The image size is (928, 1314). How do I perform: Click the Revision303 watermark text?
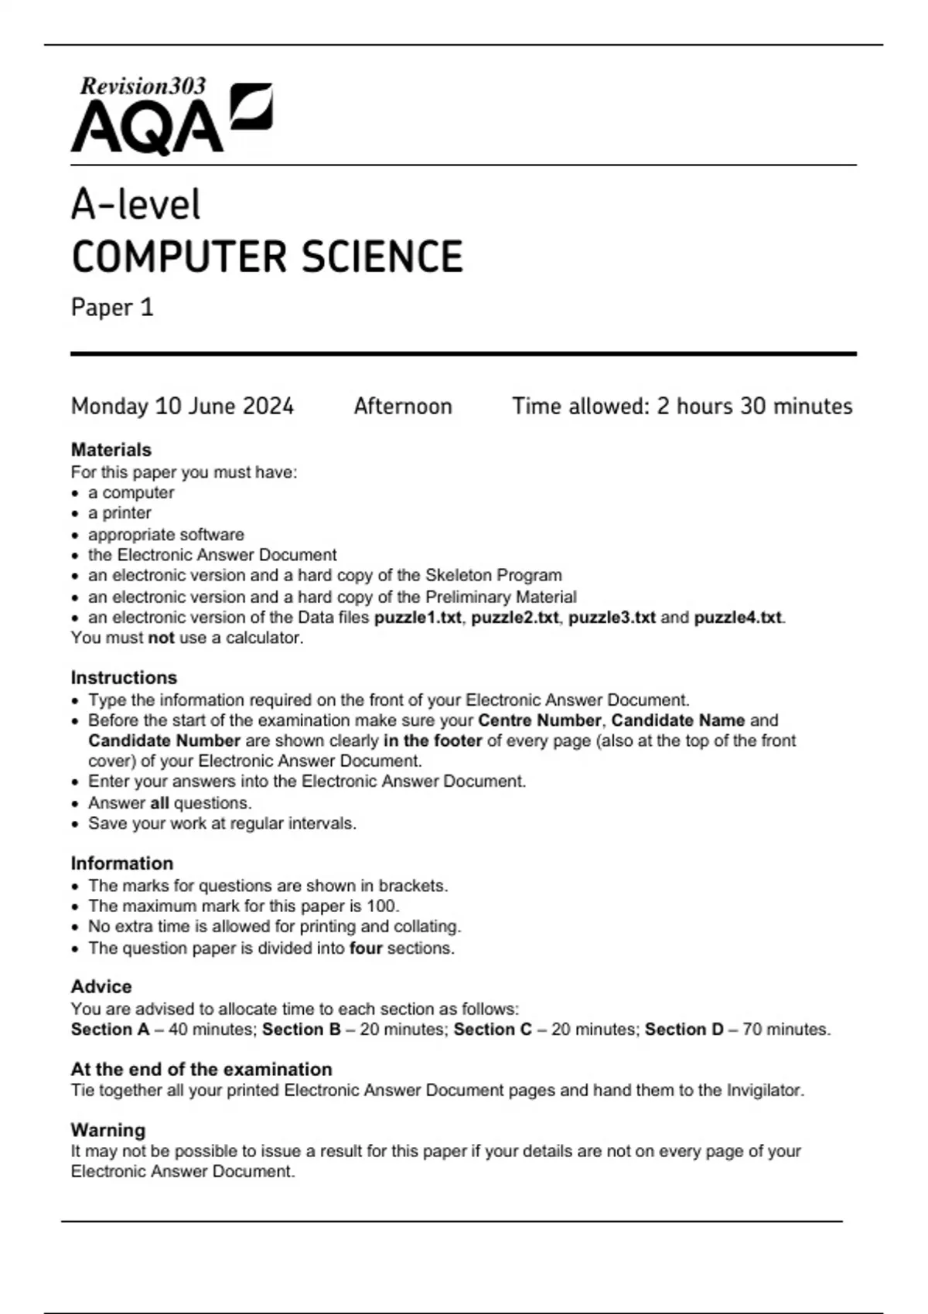tap(143, 86)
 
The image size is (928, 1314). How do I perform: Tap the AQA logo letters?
tap(147, 128)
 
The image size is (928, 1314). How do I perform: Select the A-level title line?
tap(135, 206)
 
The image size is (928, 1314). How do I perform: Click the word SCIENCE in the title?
tap(382, 257)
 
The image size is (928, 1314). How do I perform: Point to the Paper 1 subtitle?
tap(112, 308)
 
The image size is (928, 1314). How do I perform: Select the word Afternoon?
tap(403, 407)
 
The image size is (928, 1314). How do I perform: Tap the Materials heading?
tap(111, 450)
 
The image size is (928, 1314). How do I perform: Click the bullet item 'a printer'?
tap(119, 513)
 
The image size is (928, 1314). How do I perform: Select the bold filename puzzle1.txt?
tap(418, 618)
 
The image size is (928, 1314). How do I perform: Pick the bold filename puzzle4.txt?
tap(738, 618)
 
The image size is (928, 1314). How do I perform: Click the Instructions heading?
tap(124, 678)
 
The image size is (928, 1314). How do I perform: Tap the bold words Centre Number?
tap(539, 720)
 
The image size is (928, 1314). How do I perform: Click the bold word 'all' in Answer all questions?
tap(159, 803)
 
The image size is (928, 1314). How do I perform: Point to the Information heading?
tap(121, 863)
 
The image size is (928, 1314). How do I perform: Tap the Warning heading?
tap(107, 1130)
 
